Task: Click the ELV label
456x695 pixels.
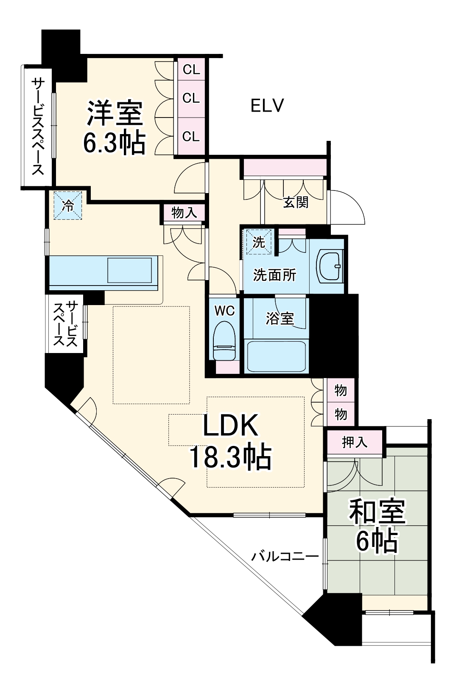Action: point(267,105)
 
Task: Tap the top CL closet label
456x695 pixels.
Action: point(191,69)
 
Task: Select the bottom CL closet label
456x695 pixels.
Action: point(191,136)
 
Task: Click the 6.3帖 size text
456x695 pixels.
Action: point(114,143)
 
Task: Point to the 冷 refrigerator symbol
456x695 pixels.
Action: point(67,206)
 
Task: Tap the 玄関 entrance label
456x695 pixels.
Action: point(296,202)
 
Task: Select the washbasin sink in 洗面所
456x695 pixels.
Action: point(330,266)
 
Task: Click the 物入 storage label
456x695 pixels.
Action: point(184,213)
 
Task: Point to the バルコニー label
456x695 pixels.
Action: point(285,556)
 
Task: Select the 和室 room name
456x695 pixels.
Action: point(377,512)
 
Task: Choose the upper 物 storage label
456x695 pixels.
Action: point(341,390)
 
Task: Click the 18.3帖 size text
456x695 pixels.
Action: point(230,457)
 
